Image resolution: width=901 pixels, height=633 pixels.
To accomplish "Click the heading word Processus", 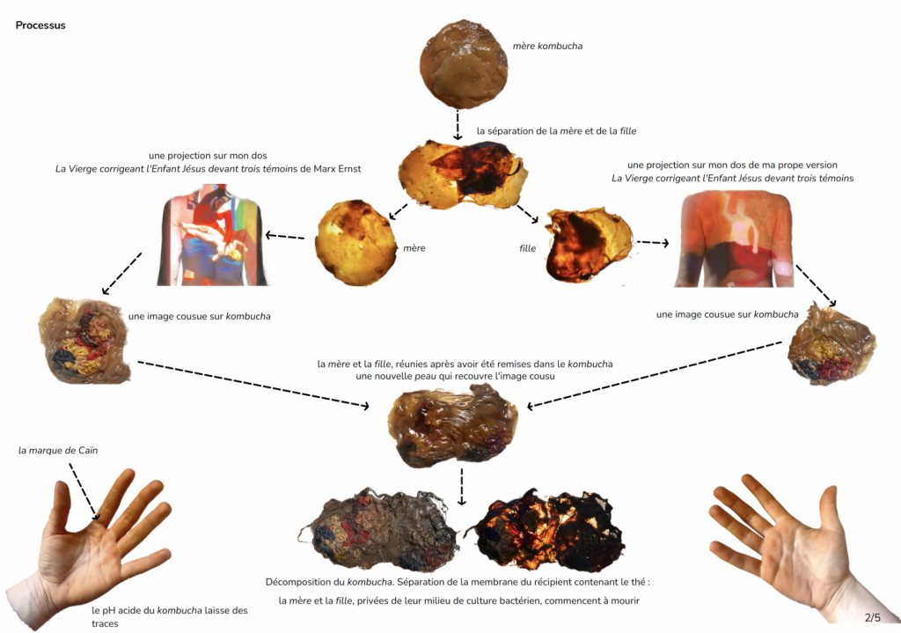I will pyautogui.click(x=40, y=26).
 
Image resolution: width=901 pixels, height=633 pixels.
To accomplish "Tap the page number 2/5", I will pyautogui.click(x=872, y=617).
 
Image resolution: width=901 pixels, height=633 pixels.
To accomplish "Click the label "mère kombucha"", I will pyautogui.click(x=546, y=45).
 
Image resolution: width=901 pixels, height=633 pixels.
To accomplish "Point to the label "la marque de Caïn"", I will pyautogui.click(x=58, y=451).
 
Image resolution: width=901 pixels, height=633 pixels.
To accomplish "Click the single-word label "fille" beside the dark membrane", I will pyautogui.click(x=528, y=248).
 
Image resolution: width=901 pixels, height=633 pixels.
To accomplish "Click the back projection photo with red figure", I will pyautogui.click(x=734, y=239).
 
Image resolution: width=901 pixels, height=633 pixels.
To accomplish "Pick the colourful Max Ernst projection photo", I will pyautogui.click(x=211, y=235).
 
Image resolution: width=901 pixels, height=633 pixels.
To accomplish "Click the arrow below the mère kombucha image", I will pyautogui.click(x=458, y=124).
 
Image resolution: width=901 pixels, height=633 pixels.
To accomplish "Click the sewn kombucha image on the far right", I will pyautogui.click(x=831, y=344).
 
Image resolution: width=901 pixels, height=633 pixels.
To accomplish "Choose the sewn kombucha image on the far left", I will pyautogui.click(x=84, y=341).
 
